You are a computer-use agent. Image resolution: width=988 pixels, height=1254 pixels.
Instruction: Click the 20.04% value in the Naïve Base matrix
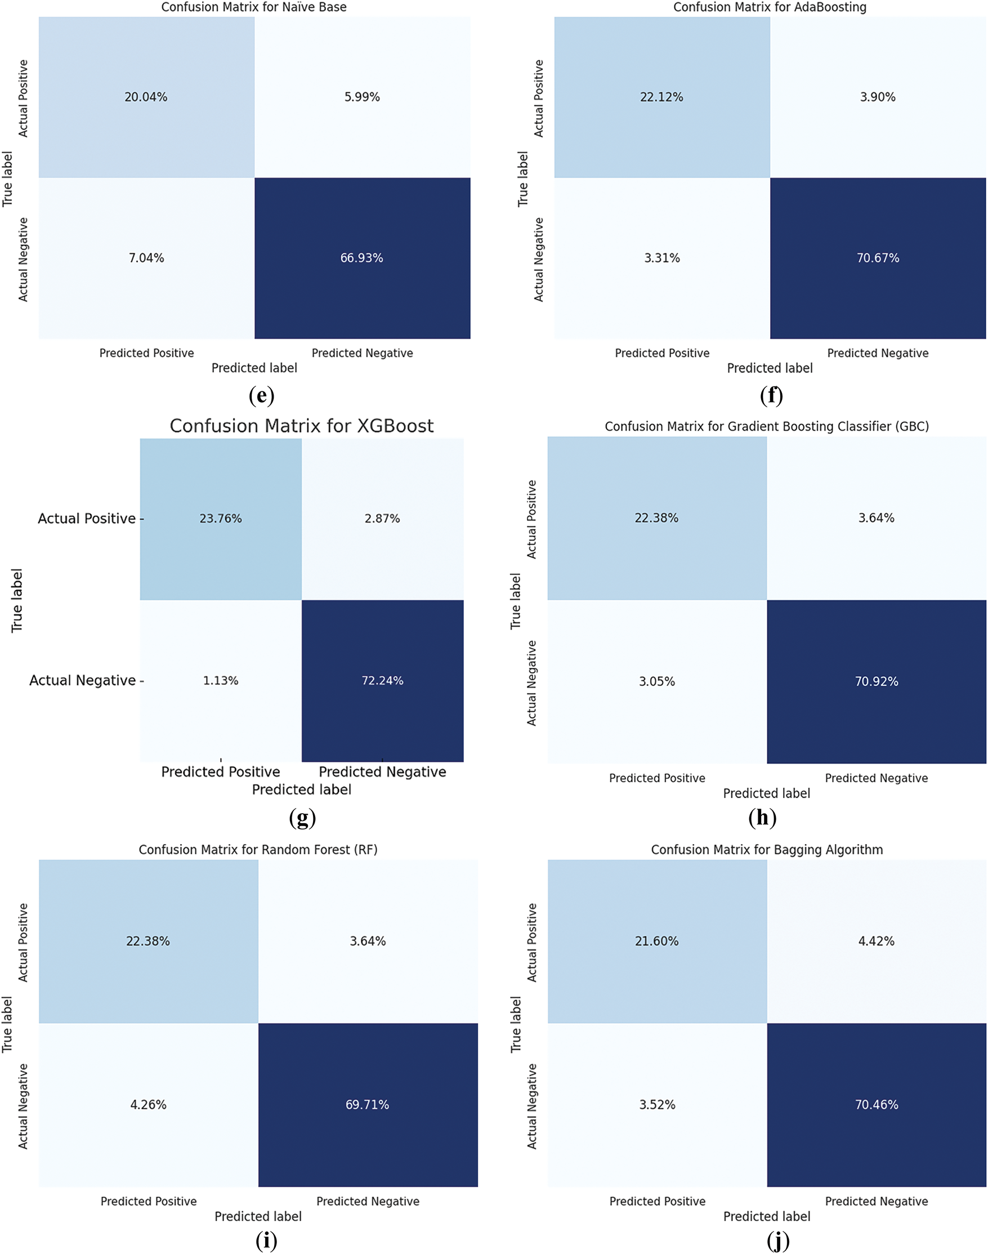[x=146, y=97]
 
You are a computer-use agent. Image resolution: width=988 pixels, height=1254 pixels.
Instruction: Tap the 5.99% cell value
[x=362, y=97]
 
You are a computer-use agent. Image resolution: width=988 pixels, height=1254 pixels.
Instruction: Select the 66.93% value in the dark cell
[x=361, y=258]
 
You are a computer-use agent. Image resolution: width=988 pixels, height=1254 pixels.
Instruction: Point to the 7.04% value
[x=146, y=258]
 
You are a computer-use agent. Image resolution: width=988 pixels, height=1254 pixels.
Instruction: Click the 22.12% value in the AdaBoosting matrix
[x=661, y=97]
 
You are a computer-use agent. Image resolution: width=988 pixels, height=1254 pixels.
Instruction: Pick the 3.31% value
[x=661, y=258]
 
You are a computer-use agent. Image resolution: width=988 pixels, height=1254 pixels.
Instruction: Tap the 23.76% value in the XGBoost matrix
[x=220, y=519]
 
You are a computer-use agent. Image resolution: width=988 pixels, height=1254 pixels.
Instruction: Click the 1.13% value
[x=220, y=681]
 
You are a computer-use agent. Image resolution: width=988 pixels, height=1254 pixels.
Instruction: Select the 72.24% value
[x=382, y=681]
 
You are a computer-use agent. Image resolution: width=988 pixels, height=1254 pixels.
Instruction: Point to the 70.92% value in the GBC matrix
[x=877, y=682]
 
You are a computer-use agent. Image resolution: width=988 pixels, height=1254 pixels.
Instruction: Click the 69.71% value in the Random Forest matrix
[x=367, y=1105]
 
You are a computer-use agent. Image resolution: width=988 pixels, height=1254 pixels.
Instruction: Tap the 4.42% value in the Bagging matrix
[x=877, y=941]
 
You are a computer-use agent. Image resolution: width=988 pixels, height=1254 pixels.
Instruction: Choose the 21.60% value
[x=656, y=941]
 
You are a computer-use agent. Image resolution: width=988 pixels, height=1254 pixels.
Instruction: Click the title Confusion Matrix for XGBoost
[x=301, y=426]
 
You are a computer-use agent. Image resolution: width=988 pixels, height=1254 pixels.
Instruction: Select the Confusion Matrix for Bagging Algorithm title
[x=766, y=850]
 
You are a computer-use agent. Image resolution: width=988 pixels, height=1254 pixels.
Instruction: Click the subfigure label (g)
[x=302, y=818]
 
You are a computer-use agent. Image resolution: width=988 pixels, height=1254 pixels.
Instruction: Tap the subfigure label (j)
[x=778, y=1240]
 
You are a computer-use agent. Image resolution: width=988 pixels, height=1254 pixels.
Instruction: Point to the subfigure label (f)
[x=771, y=395]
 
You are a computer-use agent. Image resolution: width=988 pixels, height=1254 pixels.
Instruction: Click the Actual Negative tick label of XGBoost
[x=83, y=681]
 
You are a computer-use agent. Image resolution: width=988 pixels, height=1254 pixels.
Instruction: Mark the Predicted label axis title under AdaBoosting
[x=770, y=368]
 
